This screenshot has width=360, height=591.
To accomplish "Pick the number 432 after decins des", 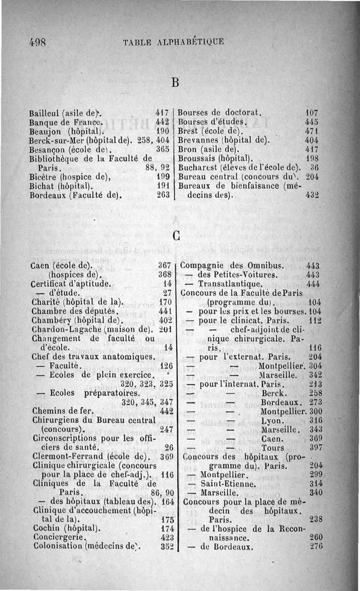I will click(311, 196).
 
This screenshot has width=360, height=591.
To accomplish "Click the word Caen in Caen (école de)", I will click(41, 266).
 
